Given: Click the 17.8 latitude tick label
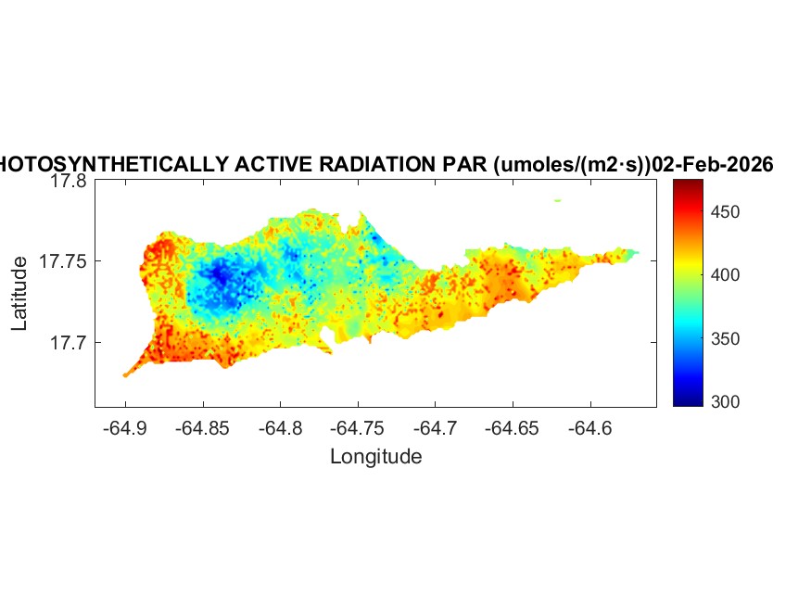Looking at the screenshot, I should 69,182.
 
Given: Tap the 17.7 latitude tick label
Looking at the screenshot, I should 69,343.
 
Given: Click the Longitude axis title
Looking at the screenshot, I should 375,456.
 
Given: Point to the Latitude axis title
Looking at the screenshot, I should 19,295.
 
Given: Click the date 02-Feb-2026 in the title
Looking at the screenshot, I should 713,165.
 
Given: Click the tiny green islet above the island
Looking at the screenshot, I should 558,199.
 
